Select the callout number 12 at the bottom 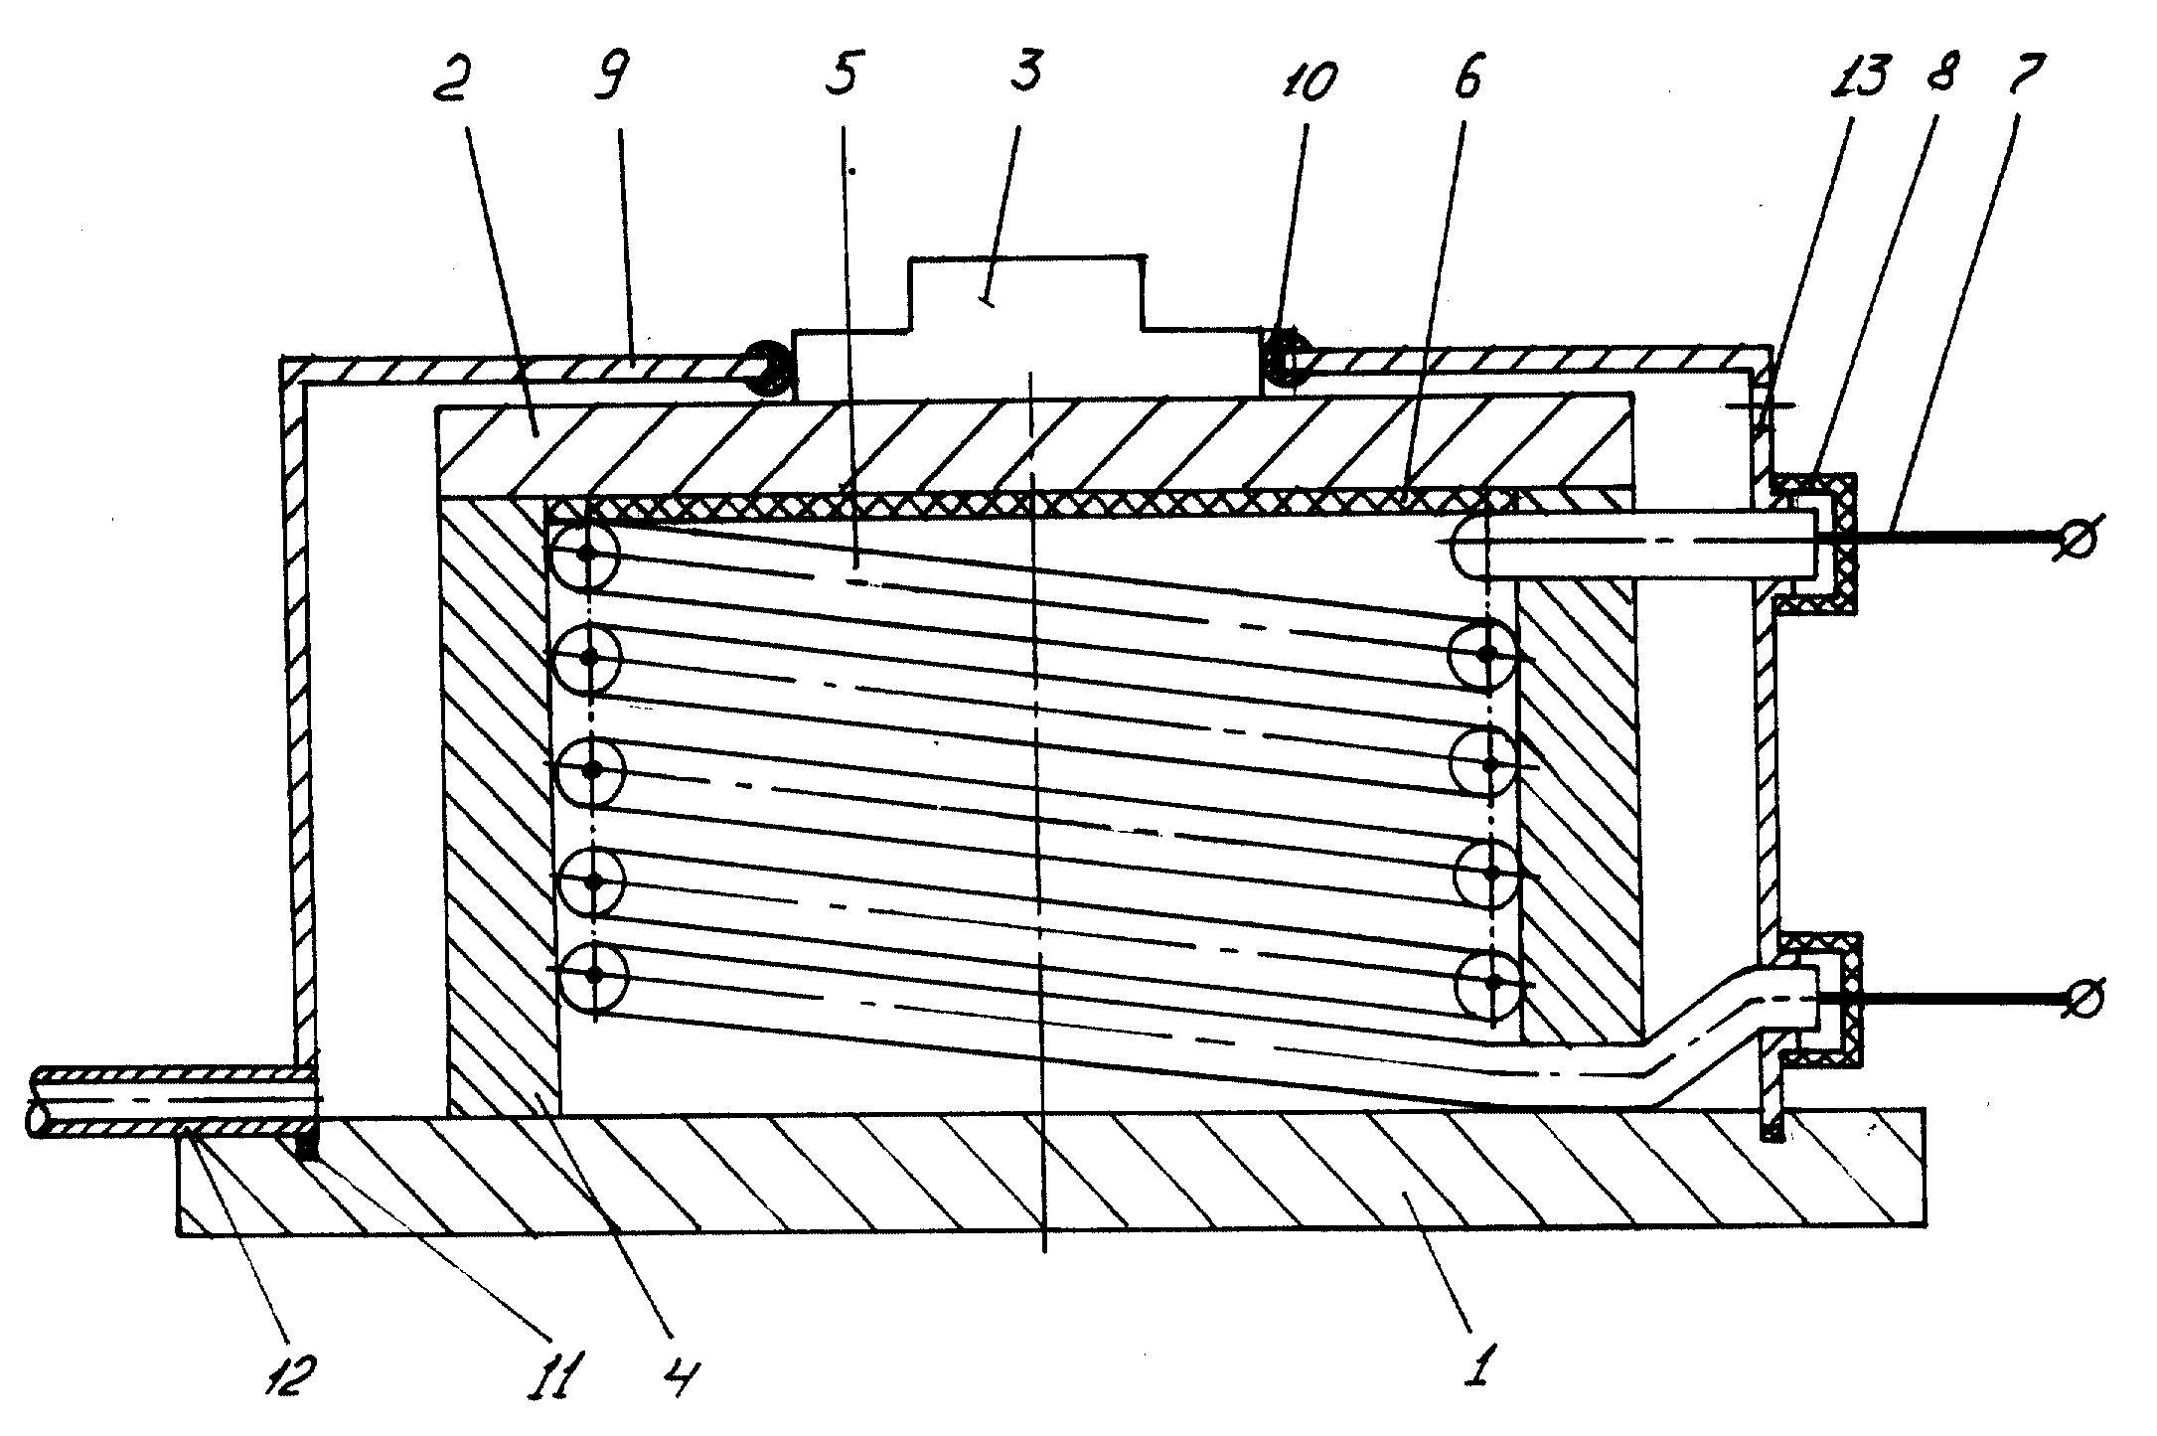click(288, 1372)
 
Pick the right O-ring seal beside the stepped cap click(1287, 366)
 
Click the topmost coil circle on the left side click(588, 553)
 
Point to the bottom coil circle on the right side click(1490, 983)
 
